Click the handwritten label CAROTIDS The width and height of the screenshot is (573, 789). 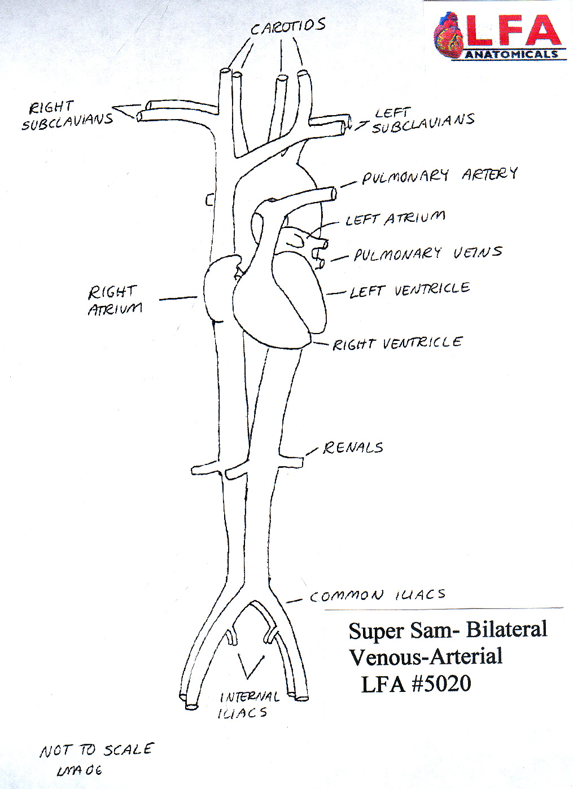(288, 26)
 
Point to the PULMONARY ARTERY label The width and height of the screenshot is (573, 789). (439, 176)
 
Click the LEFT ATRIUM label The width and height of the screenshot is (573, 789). (395, 218)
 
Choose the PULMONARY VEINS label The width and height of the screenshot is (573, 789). (427, 253)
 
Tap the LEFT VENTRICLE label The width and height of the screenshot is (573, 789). (409, 290)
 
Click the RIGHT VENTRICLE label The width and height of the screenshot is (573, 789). (397, 343)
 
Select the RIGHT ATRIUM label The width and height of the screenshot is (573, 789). (115, 300)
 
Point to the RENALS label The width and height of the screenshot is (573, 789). (353, 448)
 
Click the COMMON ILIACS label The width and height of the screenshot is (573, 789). (377, 595)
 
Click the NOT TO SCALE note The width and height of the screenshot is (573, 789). (96, 750)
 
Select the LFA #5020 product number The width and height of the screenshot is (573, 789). (416, 684)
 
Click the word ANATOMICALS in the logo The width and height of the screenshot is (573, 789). (511, 55)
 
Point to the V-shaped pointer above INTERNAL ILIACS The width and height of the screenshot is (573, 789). (249, 667)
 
